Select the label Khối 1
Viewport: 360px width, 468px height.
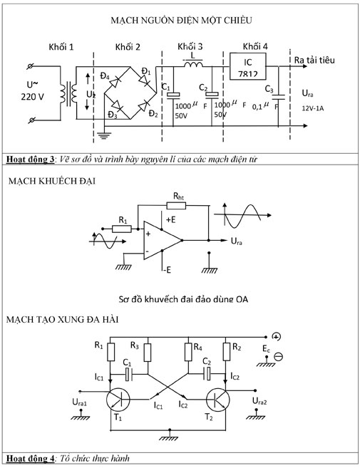(x=61, y=47)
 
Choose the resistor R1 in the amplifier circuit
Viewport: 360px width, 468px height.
(x=122, y=229)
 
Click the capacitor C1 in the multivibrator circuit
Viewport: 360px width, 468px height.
(x=128, y=372)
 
